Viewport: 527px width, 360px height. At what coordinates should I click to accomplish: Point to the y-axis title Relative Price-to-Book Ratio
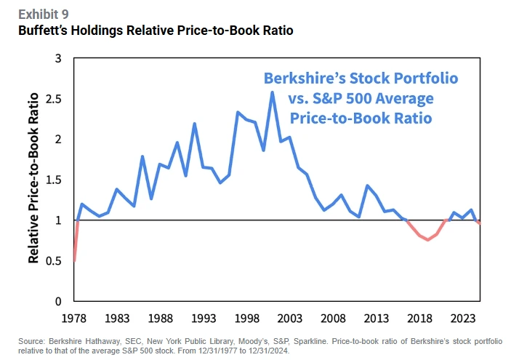click(33, 179)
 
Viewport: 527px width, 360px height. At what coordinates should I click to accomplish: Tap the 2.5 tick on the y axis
click(57, 98)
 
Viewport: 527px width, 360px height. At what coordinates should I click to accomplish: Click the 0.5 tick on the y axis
click(57, 260)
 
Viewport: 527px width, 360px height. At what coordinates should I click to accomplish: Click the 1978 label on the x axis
click(74, 318)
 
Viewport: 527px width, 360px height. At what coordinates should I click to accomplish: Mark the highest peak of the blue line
click(272, 92)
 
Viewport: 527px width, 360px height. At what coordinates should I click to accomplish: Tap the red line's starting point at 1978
click(74, 260)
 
